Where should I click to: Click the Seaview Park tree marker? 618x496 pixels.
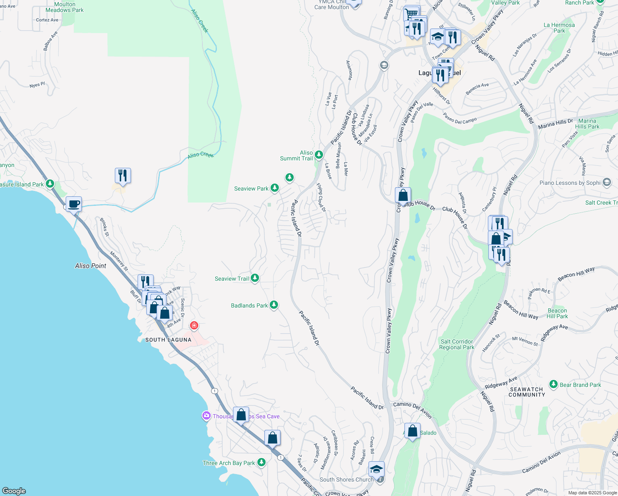click(x=274, y=188)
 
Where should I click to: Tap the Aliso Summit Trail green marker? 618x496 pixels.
click(x=319, y=155)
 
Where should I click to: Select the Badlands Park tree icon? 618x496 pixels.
click(x=273, y=305)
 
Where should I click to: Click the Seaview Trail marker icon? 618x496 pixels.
click(x=255, y=278)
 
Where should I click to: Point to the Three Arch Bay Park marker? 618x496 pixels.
click(x=261, y=462)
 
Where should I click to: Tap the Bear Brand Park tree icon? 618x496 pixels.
click(x=553, y=384)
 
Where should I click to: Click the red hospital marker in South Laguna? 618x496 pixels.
click(x=194, y=325)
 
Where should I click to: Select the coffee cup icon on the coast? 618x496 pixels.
click(x=74, y=204)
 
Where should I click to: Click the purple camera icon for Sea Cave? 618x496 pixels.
click(x=206, y=416)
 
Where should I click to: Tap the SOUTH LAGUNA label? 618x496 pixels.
click(x=168, y=340)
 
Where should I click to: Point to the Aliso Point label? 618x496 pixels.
click(x=90, y=266)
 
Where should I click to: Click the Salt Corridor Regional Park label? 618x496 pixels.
click(x=456, y=344)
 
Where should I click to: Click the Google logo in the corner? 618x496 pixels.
click(x=14, y=491)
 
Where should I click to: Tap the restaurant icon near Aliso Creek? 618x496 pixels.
click(x=123, y=176)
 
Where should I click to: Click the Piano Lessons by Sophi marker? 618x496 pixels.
click(x=606, y=182)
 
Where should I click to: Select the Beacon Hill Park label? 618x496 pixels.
click(x=557, y=313)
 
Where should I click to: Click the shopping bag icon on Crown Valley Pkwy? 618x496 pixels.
click(x=403, y=196)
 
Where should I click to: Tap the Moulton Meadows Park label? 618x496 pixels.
click(x=64, y=7)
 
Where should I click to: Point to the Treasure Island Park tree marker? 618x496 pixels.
click(x=50, y=183)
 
